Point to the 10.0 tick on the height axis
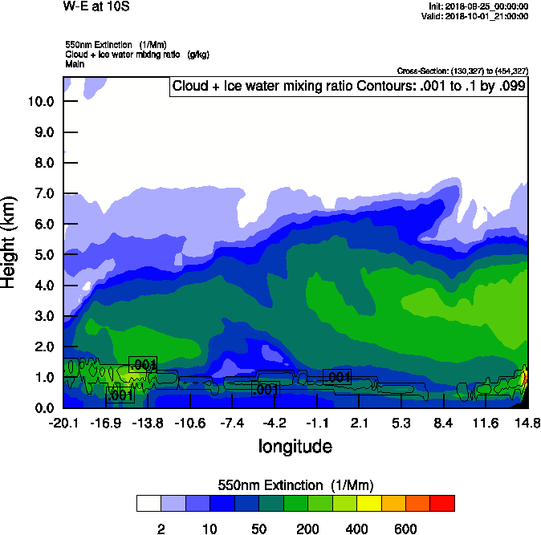coord(41,101)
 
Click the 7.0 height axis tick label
coord(41,193)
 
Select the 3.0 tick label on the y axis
coord(41,316)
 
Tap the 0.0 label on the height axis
coord(41,407)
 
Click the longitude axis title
coord(295,446)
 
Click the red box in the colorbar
coord(441,503)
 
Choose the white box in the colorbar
coord(148,503)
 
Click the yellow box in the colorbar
coord(368,503)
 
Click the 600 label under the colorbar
coord(405,529)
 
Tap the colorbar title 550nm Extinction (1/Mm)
coord(295,485)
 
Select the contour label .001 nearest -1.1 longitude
coord(337,377)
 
